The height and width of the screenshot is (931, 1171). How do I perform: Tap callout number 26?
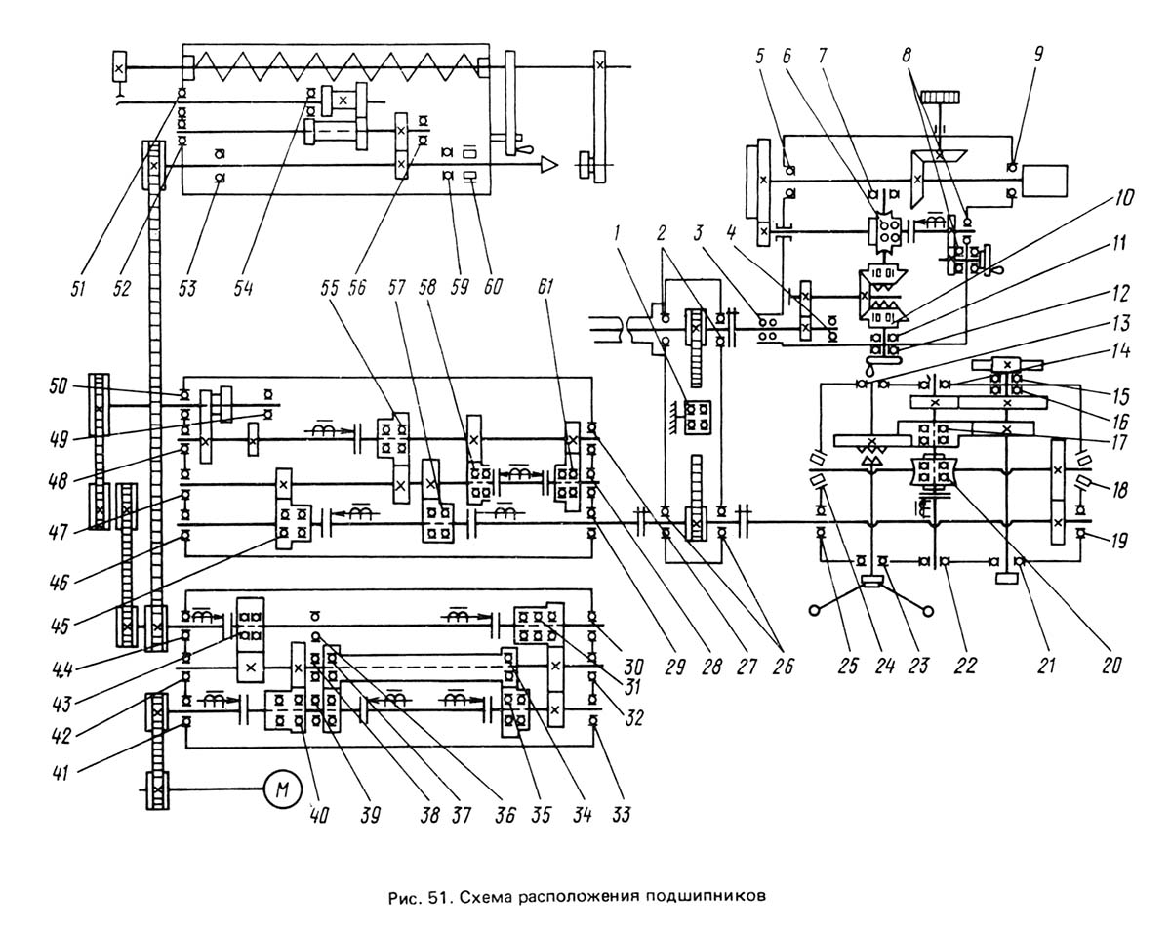(x=782, y=667)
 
